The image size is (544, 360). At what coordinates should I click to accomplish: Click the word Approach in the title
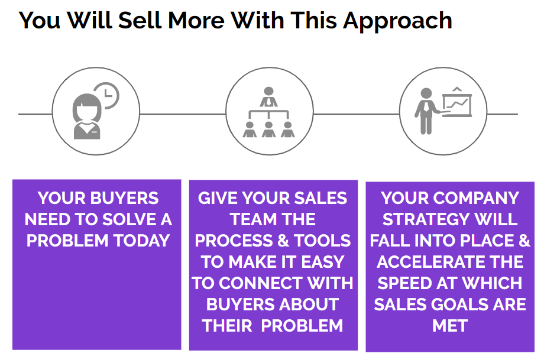(397, 21)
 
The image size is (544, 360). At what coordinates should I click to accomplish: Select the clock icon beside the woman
(107, 95)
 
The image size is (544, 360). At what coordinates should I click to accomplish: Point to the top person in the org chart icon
(269, 96)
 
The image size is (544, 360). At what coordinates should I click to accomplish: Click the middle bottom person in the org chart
(269, 129)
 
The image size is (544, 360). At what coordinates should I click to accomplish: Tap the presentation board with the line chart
(457, 103)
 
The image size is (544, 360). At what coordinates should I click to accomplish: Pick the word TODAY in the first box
(143, 241)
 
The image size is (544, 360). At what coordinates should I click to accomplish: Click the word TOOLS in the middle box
(323, 241)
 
